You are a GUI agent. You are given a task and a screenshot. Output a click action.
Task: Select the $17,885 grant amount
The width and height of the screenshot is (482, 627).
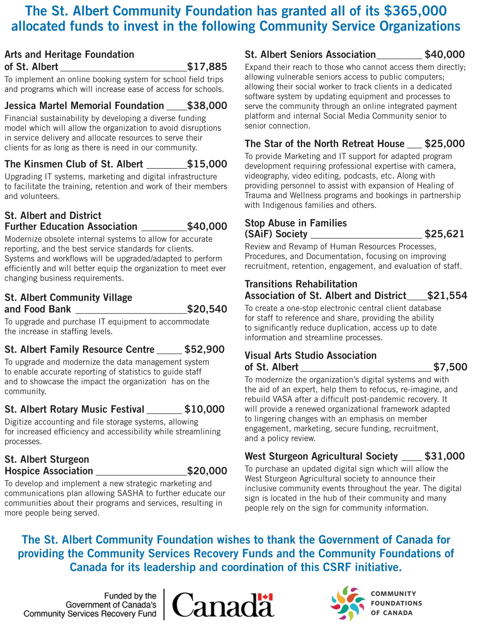pyautogui.click(x=207, y=67)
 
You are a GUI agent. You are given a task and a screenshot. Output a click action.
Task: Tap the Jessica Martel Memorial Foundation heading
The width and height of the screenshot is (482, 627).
pyautogui.click(x=84, y=105)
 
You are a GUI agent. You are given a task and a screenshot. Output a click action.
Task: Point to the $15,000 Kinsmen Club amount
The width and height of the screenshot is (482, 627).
pyautogui.click(x=207, y=164)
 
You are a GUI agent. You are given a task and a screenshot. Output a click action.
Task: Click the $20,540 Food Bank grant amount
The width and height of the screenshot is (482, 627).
pyautogui.click(x=207, y=309)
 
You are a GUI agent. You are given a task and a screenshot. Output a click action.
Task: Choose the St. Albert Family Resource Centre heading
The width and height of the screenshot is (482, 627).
pyautogui.click(x=79, y=349)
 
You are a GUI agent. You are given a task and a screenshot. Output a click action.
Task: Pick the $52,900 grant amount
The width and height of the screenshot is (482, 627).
pyautogui.click(x=204, y=349)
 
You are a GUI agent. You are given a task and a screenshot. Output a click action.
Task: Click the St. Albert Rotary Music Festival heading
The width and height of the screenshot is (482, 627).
pyautogui.click(x=74, y=409)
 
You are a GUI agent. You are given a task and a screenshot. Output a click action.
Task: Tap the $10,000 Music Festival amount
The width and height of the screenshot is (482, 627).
pyautogui.click(x=204, y=409)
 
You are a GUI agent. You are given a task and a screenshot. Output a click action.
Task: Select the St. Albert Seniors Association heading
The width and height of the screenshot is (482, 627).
pyautogui.click(x=310, y=54)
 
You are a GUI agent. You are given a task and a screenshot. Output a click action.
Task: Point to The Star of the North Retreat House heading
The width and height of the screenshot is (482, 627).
pyautogui.click(x=324, y=144)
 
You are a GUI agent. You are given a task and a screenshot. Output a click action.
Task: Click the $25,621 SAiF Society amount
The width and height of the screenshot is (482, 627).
pyautogui.click(x=444, y=234)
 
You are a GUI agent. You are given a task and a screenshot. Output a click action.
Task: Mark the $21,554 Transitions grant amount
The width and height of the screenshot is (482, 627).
pyautogui.click(x=447, y=296)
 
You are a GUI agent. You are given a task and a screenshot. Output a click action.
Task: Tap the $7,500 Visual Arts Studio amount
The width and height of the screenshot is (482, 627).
pyautogui.click(x=450, y=367)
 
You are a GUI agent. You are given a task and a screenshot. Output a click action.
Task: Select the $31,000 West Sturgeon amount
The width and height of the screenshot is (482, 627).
pyautogui.click(x=444, y=456)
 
